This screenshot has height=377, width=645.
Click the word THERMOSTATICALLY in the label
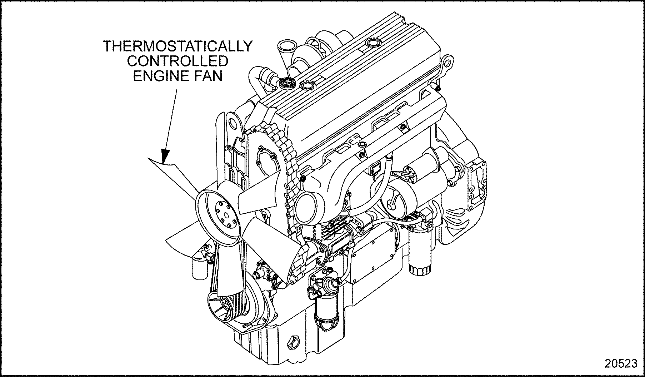177,46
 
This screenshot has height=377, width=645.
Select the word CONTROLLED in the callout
177,61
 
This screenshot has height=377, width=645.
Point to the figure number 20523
621,363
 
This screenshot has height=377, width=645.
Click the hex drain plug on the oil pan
293,343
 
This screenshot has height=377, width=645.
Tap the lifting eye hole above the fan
232,123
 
